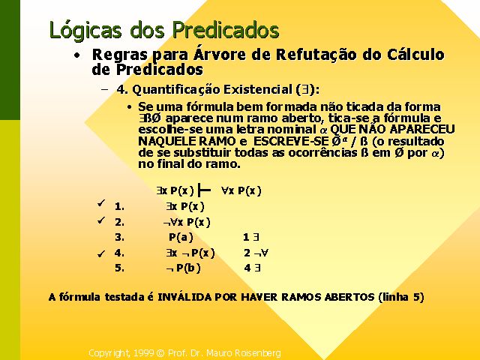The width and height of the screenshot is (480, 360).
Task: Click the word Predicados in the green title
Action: click(x=226, y=30)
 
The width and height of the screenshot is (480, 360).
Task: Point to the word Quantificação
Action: click(x=176, y=90)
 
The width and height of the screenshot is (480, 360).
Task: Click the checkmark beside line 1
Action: click(x=101, y=203)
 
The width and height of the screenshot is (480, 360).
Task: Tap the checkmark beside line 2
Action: click(x=101, y=220)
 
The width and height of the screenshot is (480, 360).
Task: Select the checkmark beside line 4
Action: click(x=101, y=253)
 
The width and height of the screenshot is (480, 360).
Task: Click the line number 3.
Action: click(x=120, y=237)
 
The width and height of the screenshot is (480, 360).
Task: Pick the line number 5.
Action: click(x=120, y=268)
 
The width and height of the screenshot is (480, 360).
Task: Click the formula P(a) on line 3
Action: click(x=181, y=237)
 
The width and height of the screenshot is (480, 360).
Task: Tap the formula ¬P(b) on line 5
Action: click(x=183, y=268)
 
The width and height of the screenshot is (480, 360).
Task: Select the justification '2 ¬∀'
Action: click(x=256, y=253)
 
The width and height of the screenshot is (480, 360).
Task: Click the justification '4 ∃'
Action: click(x=253, y=268)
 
